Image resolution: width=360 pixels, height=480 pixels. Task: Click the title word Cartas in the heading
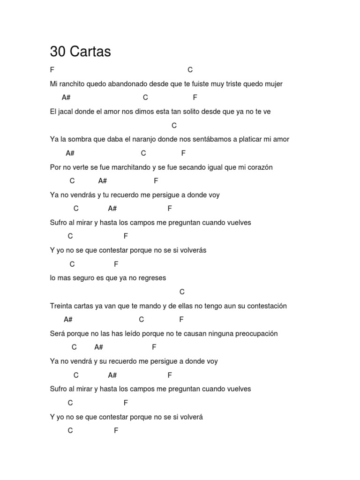90,52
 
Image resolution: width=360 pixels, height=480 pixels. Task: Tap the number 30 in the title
58,52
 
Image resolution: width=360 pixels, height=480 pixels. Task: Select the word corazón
259,167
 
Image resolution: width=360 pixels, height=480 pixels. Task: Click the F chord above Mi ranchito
52,70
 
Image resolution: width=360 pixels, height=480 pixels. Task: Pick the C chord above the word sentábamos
174,126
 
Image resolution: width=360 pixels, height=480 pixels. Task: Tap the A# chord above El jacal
66,97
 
